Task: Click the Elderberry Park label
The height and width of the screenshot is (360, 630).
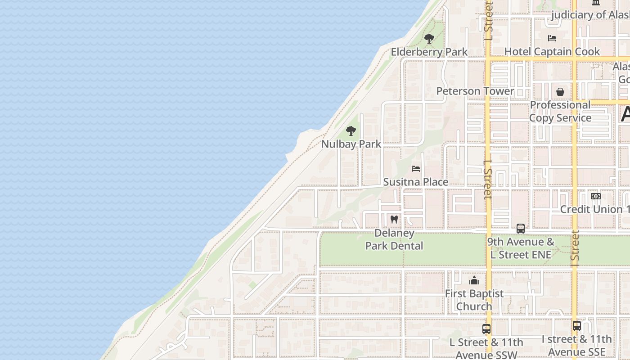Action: pos(429,52)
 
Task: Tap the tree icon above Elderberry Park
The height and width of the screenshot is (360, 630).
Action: pos(429,39)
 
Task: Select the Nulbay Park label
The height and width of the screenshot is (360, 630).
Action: pos(351,144)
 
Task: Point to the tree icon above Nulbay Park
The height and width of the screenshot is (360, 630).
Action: pos(351,131)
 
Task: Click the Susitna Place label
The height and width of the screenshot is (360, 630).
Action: pos(415,182)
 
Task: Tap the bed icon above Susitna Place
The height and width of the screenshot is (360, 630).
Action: pos(416,169)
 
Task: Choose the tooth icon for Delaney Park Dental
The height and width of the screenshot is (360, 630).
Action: pos(394,220)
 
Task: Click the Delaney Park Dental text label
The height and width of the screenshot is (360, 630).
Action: pos(394,239)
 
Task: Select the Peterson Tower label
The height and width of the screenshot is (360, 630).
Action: pos(475,91)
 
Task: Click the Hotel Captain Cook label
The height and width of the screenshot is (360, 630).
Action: pos(552,51)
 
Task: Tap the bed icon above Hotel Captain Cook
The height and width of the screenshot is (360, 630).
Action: pos(552,38)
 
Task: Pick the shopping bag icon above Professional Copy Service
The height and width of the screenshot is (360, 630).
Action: pos(560,92)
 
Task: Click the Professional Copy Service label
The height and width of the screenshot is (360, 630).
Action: pos(560,111)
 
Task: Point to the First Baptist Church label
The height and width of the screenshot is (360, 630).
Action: pos(474,300)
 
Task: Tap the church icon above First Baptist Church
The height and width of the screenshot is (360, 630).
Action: pos(474,281)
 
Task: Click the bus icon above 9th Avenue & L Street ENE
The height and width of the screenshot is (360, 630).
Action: pos(521,228)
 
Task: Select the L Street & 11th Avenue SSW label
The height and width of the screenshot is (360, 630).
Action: pos(486,348)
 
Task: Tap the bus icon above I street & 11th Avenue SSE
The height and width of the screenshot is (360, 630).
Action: pos(577,326)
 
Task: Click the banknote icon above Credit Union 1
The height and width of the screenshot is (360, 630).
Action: pos(595,196)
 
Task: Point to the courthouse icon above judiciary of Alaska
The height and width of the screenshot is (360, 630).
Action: pos(596,3)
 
